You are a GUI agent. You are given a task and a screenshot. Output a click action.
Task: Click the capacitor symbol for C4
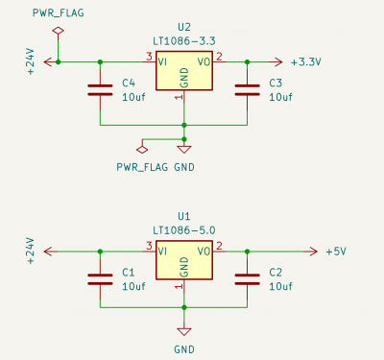point(100,90)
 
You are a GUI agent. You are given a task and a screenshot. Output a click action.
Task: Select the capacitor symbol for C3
point(247,90)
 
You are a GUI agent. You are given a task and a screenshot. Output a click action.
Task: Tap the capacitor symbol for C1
point(100,279)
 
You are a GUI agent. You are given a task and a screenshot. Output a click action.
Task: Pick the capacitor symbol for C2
point(247,279)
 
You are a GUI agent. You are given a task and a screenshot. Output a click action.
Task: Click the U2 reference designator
point(184,27)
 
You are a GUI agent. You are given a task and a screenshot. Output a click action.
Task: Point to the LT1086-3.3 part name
point(184,41)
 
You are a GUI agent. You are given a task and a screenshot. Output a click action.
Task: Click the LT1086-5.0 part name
point(184,230)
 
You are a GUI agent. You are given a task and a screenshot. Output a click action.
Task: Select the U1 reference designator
point(184,217)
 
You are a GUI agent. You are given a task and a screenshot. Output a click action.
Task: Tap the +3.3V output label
point(306,62)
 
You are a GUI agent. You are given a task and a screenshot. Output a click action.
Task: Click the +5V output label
point(336,252)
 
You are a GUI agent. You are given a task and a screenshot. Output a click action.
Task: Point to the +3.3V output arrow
point(275,61)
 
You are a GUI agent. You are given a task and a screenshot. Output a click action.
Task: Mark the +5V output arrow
point(310,252)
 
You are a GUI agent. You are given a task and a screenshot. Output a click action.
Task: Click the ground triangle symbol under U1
point(184,331)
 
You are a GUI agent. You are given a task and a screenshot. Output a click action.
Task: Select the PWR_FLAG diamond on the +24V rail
point(58,31)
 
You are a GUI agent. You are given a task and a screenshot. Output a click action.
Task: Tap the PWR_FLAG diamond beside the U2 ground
point(142,150)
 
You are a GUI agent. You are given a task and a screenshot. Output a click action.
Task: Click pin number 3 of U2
point(149,57)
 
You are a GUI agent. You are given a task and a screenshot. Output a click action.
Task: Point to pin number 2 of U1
point(219,246)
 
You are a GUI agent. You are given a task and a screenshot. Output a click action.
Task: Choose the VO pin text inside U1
point(204,252)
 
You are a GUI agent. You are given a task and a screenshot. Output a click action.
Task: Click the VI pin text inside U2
point(162,61)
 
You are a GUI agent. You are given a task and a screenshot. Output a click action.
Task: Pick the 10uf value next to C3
point(280,97)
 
